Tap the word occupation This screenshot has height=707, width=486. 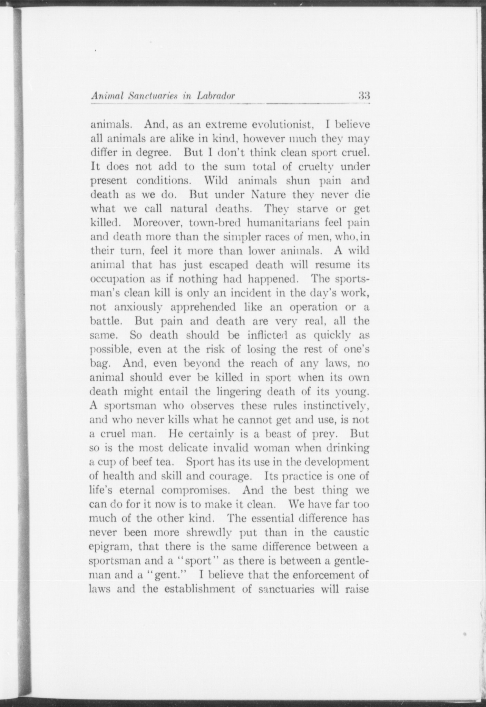pyautogui.click(x=117, y=279)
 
